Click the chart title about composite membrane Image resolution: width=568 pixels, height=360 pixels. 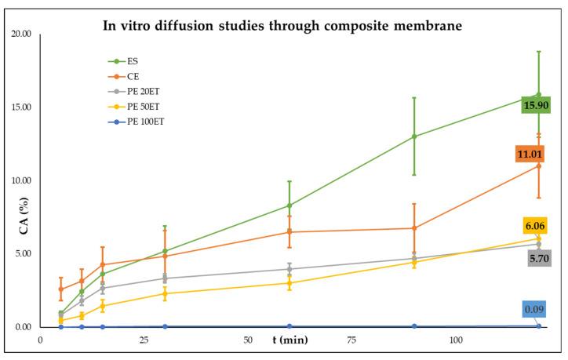[283, 26]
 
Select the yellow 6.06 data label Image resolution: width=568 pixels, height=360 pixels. [537, 226]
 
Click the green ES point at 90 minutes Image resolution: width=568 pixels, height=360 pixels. [414, 136]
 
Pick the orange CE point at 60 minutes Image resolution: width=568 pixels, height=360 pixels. [289, 232]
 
